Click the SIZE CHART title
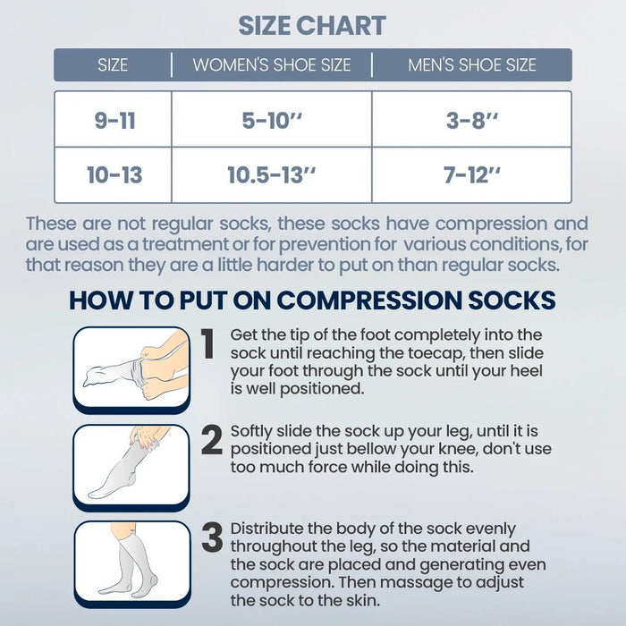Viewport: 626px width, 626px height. click(x=312, y=25)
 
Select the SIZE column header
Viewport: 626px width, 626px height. click(x=113, y=65)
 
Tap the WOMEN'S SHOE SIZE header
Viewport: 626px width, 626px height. click(x=272, y=65)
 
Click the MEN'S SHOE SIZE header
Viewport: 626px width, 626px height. click(x=472, y=65)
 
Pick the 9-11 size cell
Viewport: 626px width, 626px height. click(x=114, y=121)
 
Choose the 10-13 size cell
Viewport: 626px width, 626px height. click(x=114, y=175)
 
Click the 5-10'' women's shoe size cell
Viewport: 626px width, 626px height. click(x=272, y=121)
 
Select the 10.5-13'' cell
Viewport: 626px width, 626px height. click(x=272, y=175)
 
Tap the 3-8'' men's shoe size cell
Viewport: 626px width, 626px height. click(x=472, y=121)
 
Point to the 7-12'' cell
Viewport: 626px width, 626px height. click(x=472, y=175)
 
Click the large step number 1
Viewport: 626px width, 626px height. click(x=207, y=344)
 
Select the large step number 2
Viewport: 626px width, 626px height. click(x=211, y=440)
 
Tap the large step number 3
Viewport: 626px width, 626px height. click(x=211, y=538)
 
